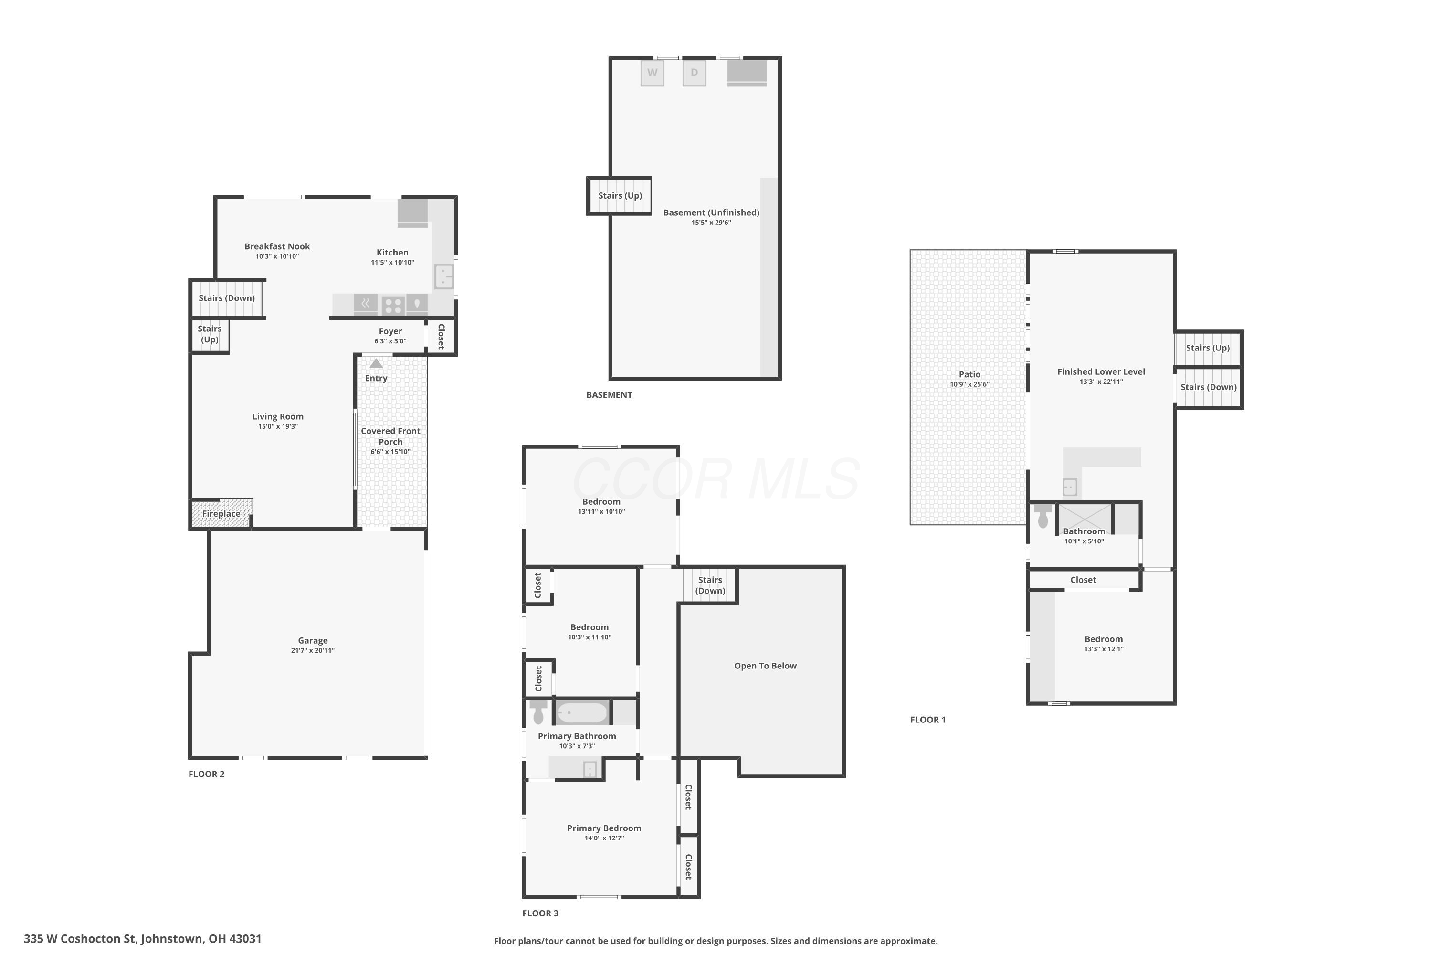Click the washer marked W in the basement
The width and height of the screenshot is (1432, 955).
click(652, 73)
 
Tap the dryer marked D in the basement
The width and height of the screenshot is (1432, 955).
click(694, 73)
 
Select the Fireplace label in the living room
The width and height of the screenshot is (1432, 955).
click(221, 513)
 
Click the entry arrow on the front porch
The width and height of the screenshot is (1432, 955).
click(376, 363)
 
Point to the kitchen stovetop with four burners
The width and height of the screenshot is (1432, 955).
click(393, 305)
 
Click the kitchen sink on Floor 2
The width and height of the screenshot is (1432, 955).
click(444, 276)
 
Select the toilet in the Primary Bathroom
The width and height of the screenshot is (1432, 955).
click(538, 712)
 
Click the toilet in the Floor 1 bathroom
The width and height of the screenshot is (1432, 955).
click(1043, 515)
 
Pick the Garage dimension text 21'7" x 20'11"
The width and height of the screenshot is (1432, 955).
click(313, 650)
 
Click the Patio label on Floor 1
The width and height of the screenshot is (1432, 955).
click(970, 374)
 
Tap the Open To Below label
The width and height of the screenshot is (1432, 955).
click(765, 666)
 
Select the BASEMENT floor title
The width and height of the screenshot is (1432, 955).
click(610, 395)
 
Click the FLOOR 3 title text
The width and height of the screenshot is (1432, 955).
click(540, 913)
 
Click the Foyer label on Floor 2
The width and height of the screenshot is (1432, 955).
click(390, 331)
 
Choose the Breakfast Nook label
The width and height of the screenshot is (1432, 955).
click(277, 246)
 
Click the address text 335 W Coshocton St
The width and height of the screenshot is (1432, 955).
click(82, 939)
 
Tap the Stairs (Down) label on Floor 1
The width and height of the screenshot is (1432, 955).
click(1209, 387)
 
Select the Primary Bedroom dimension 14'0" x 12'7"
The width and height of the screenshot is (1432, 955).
click(604, 838)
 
